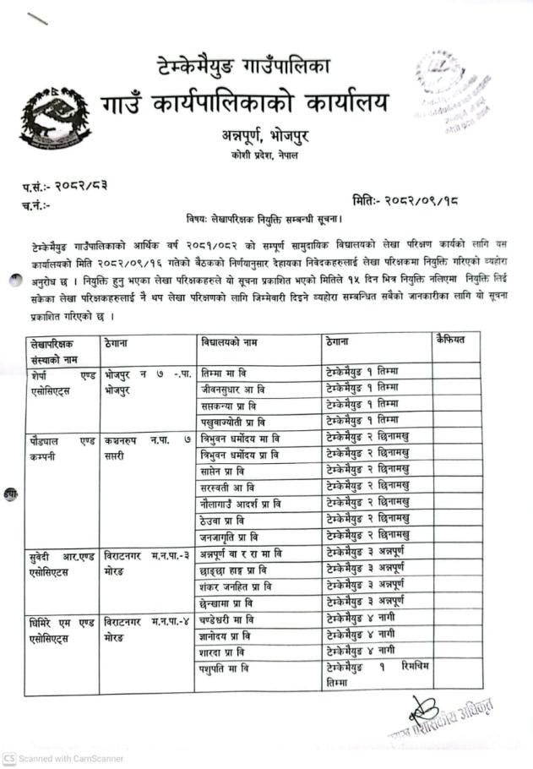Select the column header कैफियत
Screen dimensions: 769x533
tap(455, 340)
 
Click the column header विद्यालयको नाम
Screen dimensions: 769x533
tap(225, 341)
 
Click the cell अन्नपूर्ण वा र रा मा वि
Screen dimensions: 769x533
tap(242, 552)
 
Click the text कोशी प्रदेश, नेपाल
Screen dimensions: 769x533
tap(264, 156)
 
